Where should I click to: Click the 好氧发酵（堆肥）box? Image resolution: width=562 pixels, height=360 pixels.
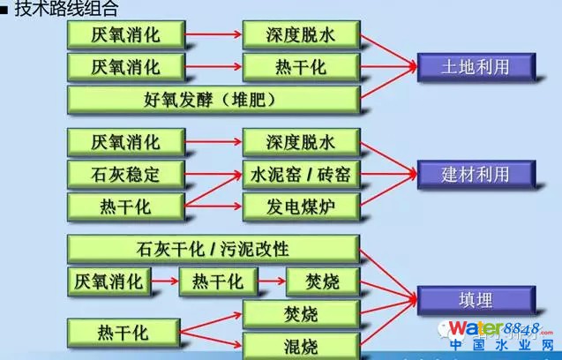click(213, 98)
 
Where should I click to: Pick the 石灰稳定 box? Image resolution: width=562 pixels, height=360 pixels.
click(126, 173)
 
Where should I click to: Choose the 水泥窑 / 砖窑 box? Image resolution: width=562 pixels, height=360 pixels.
click(301, 173)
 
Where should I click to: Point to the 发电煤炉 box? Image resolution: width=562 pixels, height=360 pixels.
click(301, 206)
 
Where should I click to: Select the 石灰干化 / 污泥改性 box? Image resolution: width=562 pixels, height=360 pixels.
click(213, 248)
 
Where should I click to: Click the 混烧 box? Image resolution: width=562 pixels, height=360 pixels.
click(301, 345)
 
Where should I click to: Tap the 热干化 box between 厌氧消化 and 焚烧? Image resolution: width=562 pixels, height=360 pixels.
click(214, 281)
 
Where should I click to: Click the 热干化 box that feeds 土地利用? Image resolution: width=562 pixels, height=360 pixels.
click(301, 66)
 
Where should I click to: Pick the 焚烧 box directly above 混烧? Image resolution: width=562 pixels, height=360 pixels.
click(301, 313)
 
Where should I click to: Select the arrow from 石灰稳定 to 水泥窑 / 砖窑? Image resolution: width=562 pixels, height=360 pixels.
click(214, 173)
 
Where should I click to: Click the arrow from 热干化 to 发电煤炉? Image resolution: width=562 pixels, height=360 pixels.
click(214, 206)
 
